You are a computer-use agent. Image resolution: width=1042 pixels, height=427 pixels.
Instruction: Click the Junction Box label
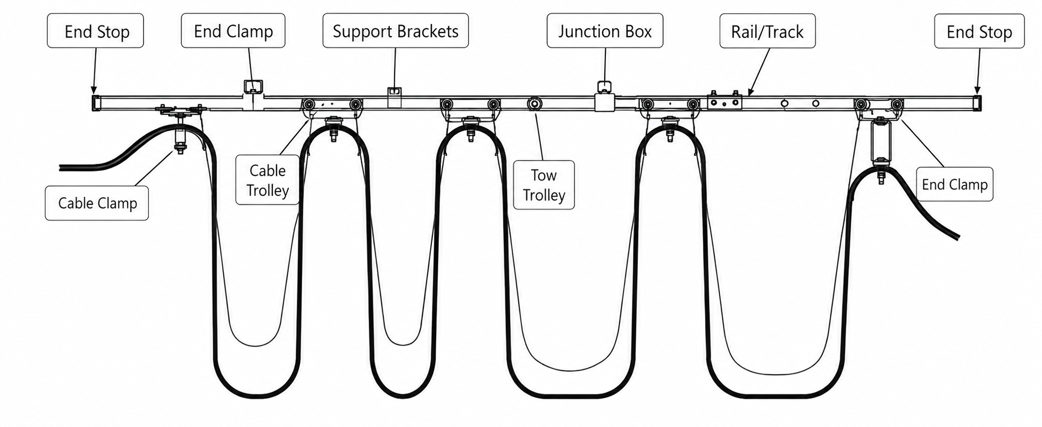coord(605,31)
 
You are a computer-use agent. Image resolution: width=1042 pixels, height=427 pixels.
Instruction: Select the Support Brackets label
coord(395,31)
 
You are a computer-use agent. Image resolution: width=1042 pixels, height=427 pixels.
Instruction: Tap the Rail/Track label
coord(767,32)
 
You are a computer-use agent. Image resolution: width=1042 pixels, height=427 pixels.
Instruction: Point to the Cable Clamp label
coord(97,203)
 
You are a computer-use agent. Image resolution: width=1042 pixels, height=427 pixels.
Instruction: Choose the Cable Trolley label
coord(268,180)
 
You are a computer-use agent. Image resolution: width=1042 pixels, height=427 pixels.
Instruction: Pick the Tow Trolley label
coord(544,185)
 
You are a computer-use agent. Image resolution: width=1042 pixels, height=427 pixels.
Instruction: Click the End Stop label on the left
coord(96,31)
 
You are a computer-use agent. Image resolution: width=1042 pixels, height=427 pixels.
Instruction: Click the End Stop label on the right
coord(979,32)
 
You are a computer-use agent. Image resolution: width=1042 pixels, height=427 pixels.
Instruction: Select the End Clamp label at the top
coord(233,31)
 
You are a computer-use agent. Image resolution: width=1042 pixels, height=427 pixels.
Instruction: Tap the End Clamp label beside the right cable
coord(954,185)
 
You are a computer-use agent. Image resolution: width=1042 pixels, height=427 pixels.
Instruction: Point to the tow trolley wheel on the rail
coord(534,104)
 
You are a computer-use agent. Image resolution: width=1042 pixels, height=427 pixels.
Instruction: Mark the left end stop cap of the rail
coord(95,103)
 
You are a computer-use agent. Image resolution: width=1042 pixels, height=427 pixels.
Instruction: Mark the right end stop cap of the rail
coord(977,103)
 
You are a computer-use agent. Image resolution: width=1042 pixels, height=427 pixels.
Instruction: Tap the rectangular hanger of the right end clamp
coord(881,141)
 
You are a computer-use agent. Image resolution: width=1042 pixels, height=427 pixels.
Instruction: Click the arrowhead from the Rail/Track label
coord(751,92)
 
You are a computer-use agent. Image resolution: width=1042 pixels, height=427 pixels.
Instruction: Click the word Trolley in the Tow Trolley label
coord(544,195)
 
